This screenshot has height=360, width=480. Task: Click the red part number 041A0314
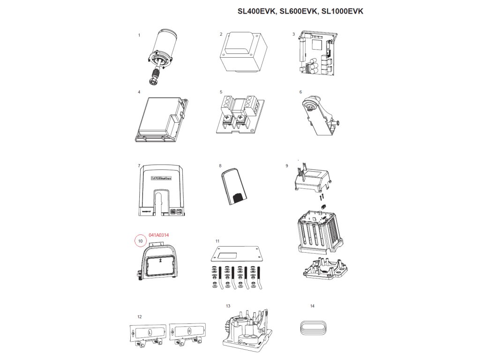coord(158,235)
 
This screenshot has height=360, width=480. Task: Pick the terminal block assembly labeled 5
coord(240,115)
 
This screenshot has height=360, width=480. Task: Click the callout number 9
coord(286,165)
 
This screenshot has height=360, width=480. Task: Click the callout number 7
coord(139,165)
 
